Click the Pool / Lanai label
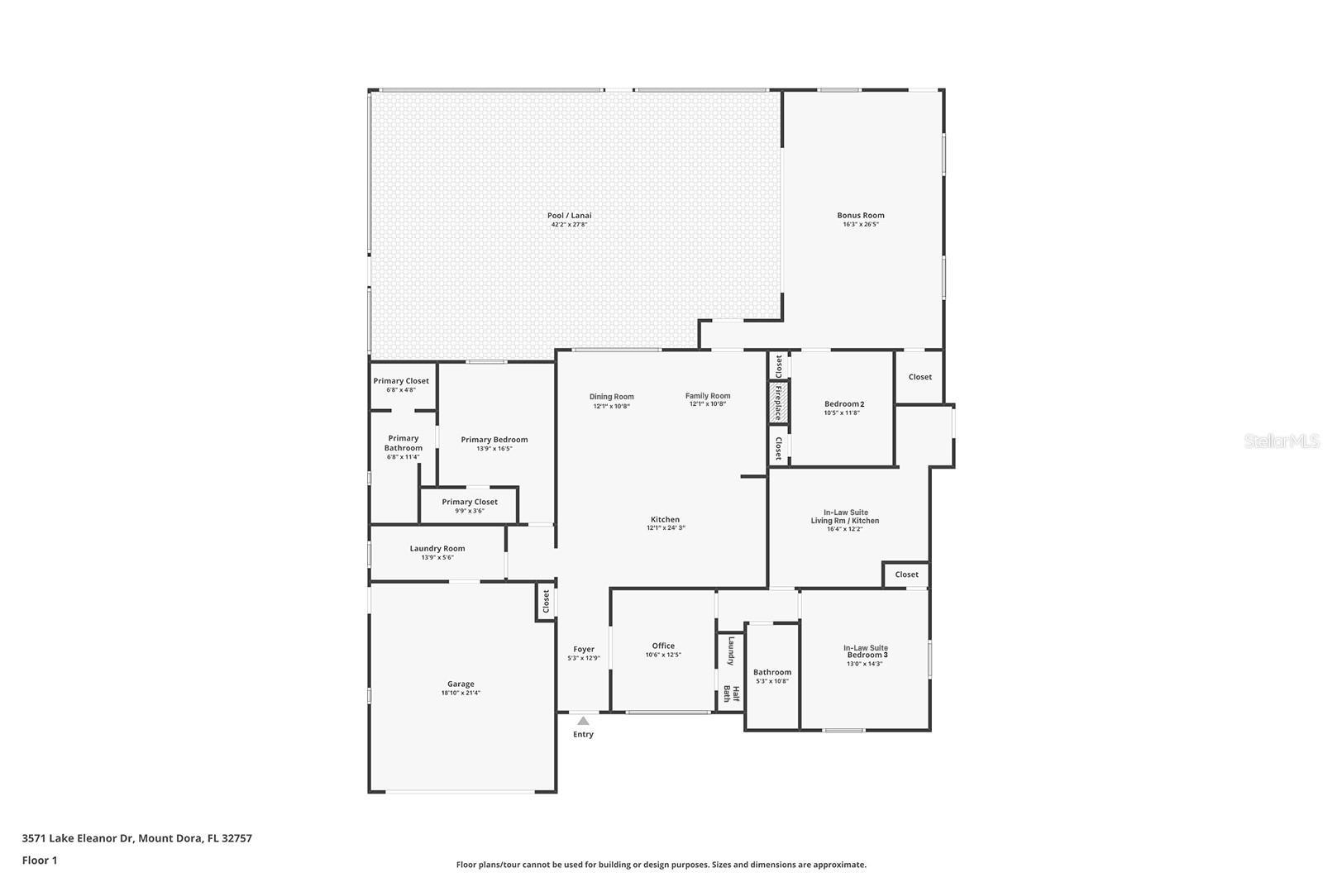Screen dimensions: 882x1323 tap(570, 216)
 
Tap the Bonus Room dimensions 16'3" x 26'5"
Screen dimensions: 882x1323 tap(861, 224)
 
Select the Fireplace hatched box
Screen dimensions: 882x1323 tap(777, 402)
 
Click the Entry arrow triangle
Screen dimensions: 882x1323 tap(583, 721)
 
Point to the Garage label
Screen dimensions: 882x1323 tap(461, 684)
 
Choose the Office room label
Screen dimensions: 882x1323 tap(663, 646)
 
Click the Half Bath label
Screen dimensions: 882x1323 tap(732, 694)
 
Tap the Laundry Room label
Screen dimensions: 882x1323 tap(437, 548)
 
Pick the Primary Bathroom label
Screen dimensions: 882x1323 tap(404, 443)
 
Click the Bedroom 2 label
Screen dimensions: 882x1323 tap(843, 403)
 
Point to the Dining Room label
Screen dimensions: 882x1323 tap(612, 397)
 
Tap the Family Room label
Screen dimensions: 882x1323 tap(708, 396)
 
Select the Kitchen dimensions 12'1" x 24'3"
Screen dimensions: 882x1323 tap(666, 528)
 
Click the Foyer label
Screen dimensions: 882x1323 tap(584, 649)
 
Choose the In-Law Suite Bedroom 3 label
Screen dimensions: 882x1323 tap(865, 651)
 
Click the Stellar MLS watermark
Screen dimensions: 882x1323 tap(1282, 441)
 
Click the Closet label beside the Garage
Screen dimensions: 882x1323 tap(546, 601)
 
